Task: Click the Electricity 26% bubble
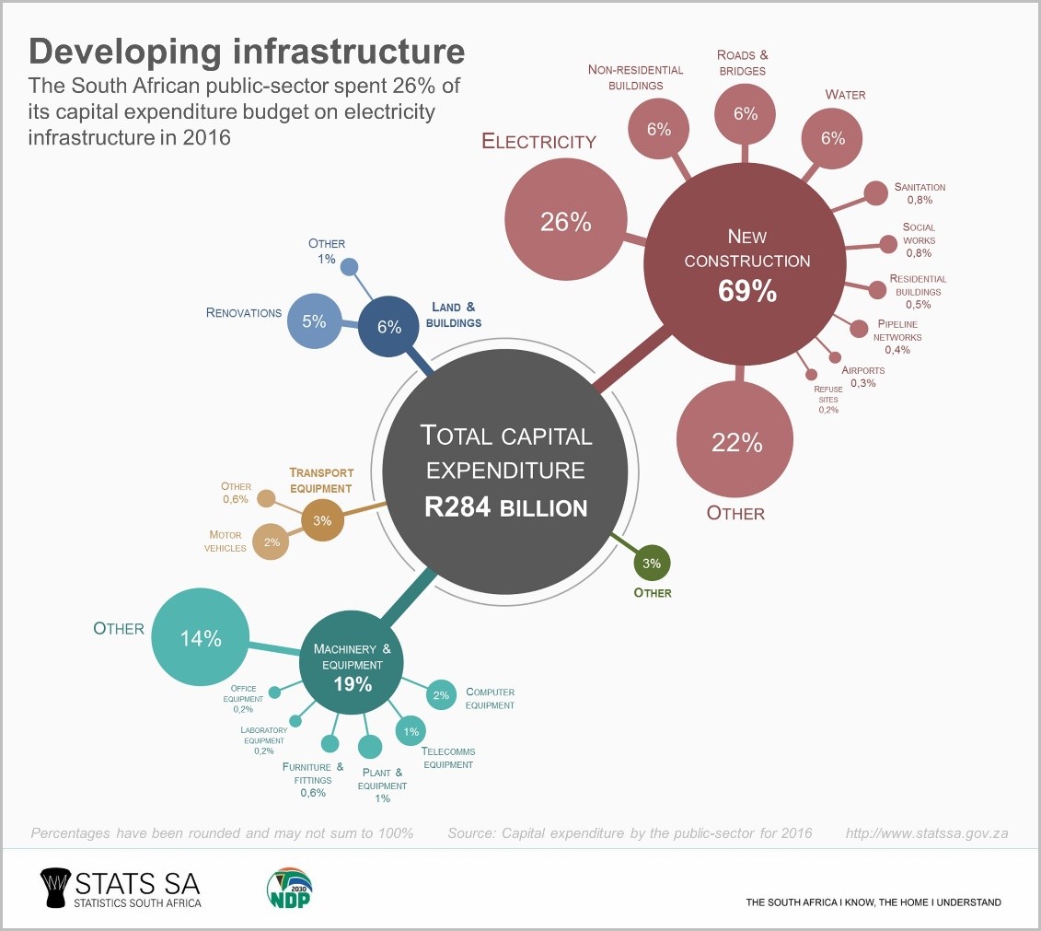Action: tap(564, 221)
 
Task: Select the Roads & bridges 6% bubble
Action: tap(745, 113)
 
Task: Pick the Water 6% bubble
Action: tap(832, 138)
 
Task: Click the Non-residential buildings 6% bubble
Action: tap(658, 129)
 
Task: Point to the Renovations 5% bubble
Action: tap(315, 321)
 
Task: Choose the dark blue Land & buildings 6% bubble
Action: tap(388, 326)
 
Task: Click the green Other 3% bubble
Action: tap(652, 563)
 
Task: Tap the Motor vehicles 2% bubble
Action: tap(272, 542)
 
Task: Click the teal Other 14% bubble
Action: tap(201, 637)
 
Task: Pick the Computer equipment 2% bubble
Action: tap(441, 695)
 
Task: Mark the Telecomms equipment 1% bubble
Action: tap(411, 731)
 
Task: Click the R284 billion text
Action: tap(505, 506)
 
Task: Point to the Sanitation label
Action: tap(919, 187)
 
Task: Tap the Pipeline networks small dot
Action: tap(859, 329)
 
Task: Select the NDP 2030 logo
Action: tap(288, 889)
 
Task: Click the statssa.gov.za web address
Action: tap(926, 833)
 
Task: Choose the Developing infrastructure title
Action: tap(247, 51)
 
